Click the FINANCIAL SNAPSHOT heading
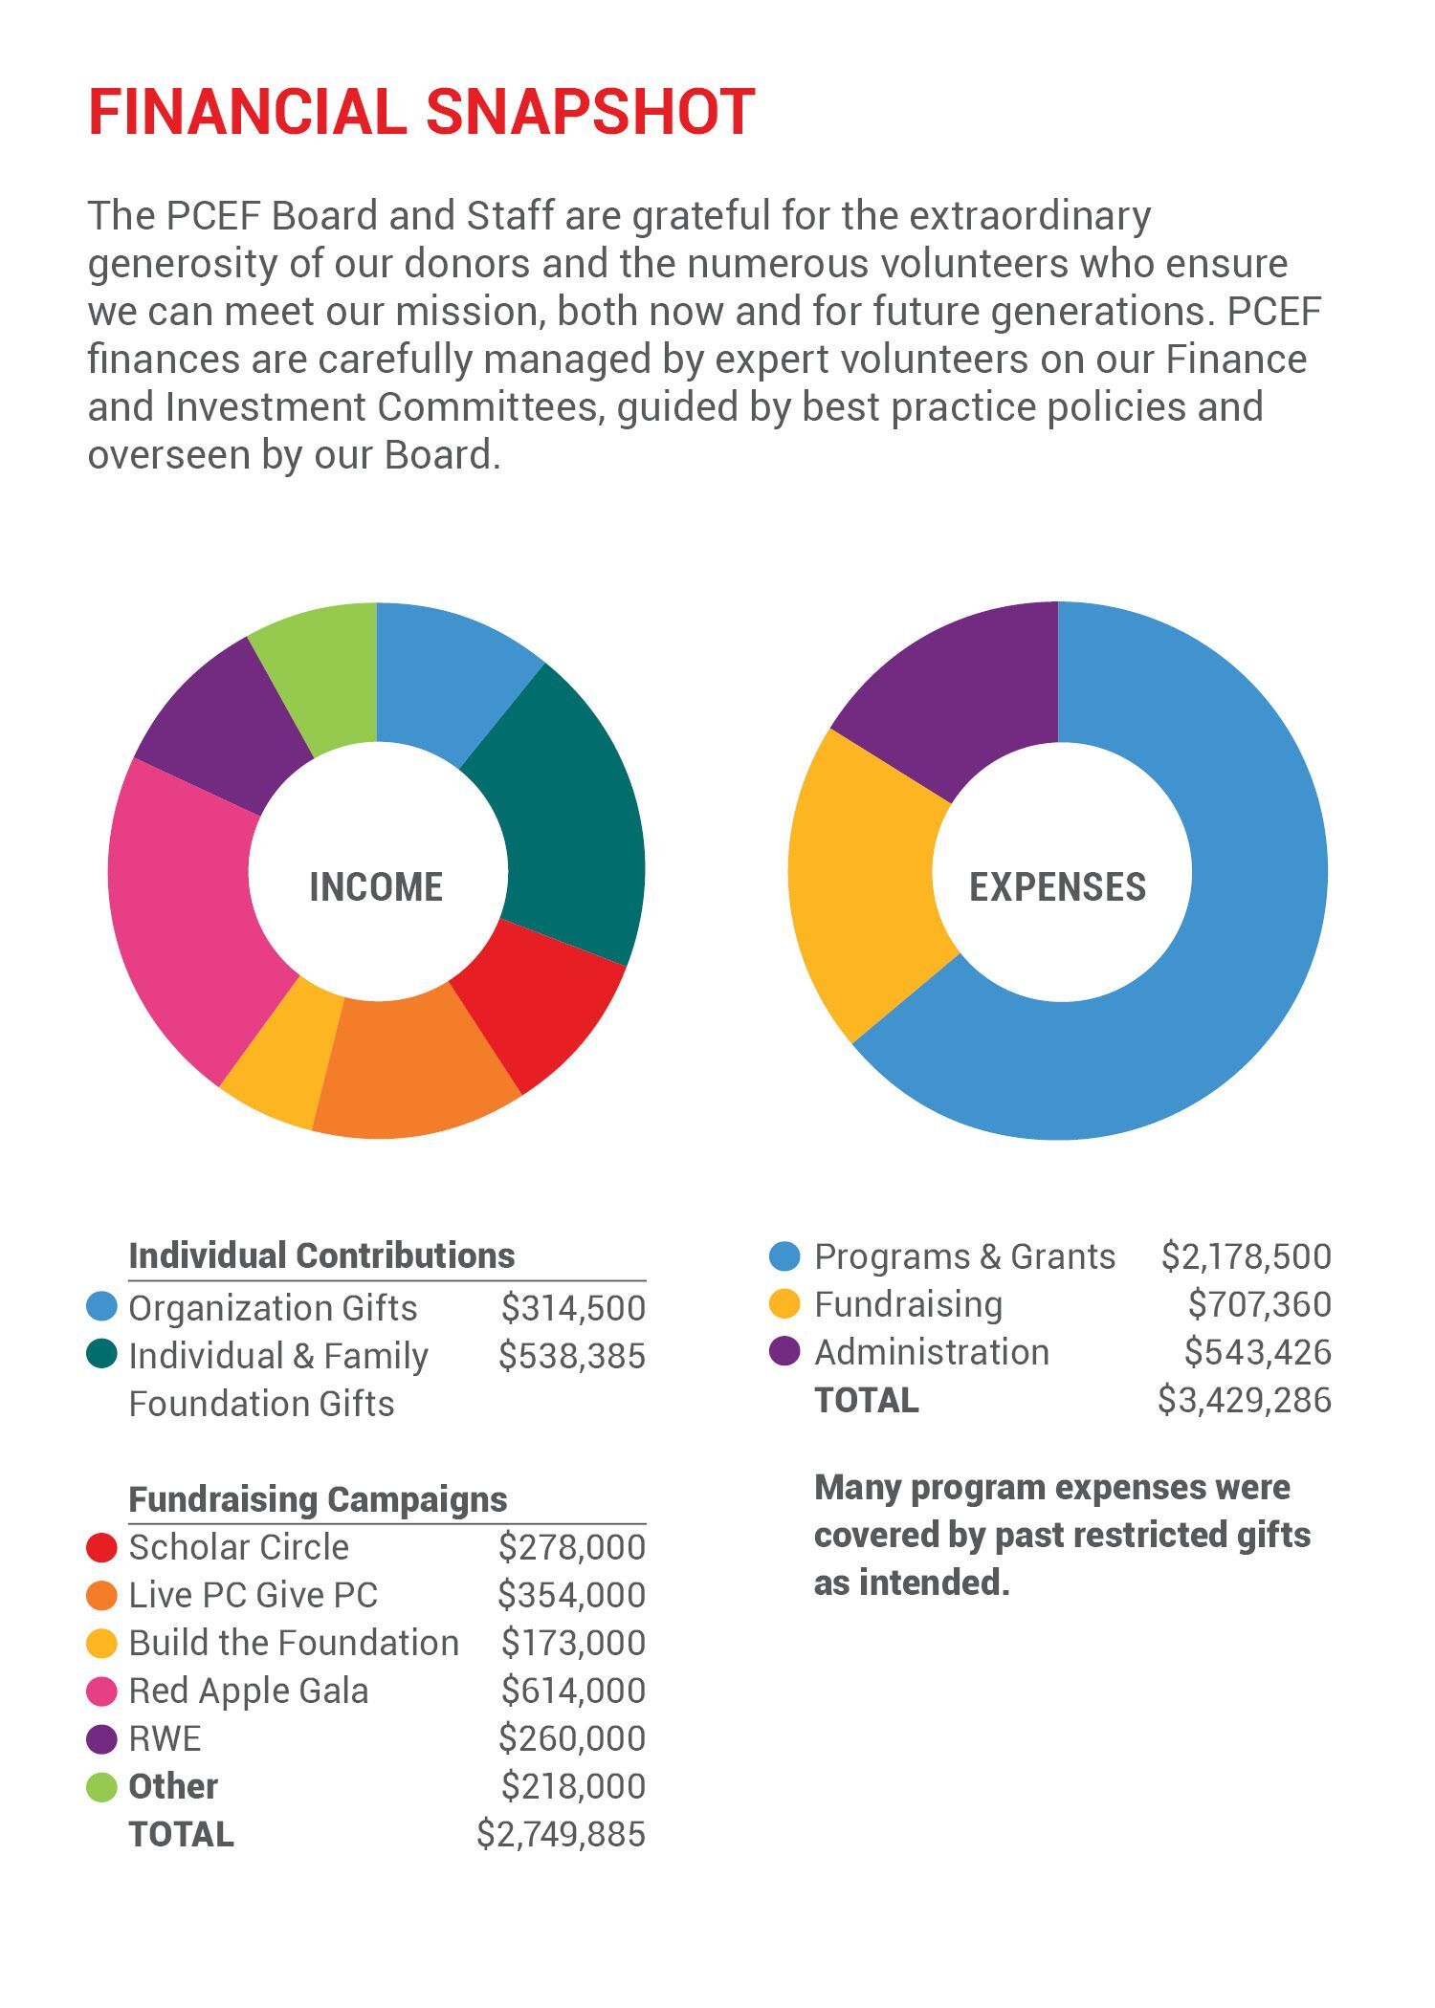point(422,112)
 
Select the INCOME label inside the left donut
point(376,887)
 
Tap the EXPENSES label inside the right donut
point(1057,887)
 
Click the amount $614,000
point(573,1691)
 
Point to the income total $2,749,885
point(561,1834)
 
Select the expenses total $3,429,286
point(1244,1400)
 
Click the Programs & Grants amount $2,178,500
point(1246,1256)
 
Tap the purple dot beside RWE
point(101,1739)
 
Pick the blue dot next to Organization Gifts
point(101,1306)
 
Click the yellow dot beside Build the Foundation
point(101,1644)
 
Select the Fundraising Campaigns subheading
point(318,1499)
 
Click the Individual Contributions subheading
point(321,1255)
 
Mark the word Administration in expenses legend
point(931,1352)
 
